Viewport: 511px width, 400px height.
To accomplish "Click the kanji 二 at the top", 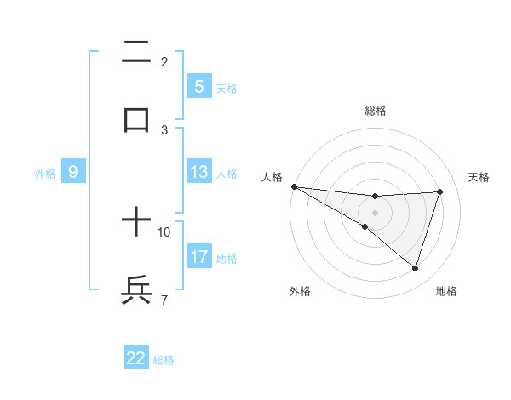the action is tap(136, 54).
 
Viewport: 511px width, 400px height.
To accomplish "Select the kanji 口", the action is tap(136, 119).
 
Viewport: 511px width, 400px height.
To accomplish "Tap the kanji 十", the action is tap(136, 224).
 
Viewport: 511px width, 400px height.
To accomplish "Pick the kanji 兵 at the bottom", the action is tap(136, 290).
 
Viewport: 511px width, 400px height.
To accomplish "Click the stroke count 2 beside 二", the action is tap(164, 62).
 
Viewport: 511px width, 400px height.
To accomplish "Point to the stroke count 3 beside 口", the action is tap(164, 129).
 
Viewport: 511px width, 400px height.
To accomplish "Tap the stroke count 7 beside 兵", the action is tap(164, 300).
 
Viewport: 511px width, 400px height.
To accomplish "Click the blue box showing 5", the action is tap(199, 87).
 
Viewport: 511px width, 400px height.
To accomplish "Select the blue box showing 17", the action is tap(199, 257).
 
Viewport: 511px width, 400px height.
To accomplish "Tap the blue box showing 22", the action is tap(136, 358).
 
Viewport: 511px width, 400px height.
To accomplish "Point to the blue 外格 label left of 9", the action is tap(45, 174).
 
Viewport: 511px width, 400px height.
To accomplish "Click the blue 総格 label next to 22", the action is tap(164, 360).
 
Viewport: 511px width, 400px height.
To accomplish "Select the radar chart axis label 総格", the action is tap(375, 111).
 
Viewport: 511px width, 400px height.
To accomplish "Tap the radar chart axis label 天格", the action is tap(479, 177).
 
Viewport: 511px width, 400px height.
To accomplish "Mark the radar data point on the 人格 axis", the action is tap(294, 186).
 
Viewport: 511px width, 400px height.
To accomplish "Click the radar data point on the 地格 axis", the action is tap(415, 268).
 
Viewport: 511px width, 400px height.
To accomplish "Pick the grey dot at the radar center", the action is tap(375, 212).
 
